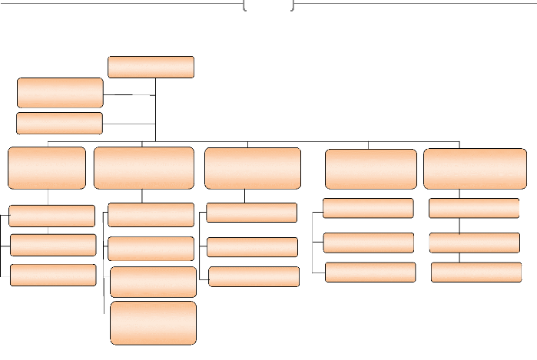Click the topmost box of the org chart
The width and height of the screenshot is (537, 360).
click(x=151, y=67)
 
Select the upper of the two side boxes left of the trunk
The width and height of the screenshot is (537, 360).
click(x=60, y=92)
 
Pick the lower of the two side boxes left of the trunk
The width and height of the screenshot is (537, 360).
click(x=59, y=123)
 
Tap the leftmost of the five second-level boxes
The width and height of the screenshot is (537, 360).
click(x=47, y=167)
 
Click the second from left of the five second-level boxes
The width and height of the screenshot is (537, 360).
click(x=144, y=167)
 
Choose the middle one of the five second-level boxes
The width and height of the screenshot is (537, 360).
click(x=253, y=167)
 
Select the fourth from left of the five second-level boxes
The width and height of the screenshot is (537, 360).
click(x=371, y=169)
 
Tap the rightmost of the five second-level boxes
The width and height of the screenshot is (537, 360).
click(x=475, y=169)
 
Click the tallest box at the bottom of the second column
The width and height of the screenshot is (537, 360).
click(x=153, y=323)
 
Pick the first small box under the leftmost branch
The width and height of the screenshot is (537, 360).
click(x=52, y=216)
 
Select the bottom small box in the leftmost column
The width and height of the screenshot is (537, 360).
click(x=53, y=275)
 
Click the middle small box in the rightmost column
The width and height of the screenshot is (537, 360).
click(x=475, y=243)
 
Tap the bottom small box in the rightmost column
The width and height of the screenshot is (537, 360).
click(x=476, y=272)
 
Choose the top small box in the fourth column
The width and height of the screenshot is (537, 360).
click(x=368, y=208)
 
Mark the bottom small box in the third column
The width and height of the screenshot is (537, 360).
click(x=254, y=276)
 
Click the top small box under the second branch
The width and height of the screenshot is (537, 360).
click(x=151, y=215)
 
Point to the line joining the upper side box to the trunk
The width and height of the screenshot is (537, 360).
click(x=129, y=94)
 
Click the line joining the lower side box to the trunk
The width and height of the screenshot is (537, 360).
click(x=129, y=124)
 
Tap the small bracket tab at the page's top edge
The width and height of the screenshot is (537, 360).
click(x=268, y=5)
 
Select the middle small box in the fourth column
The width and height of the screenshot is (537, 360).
click(x=369, y=243)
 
